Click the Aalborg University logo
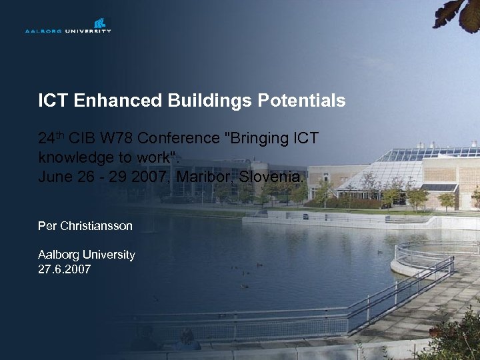[68, 26]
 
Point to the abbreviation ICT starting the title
[53, 101]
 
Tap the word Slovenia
[273, 177]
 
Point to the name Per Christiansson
[85, 226]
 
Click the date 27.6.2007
[65, 269]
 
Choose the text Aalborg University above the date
[87, 255]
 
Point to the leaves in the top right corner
[460, 13]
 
